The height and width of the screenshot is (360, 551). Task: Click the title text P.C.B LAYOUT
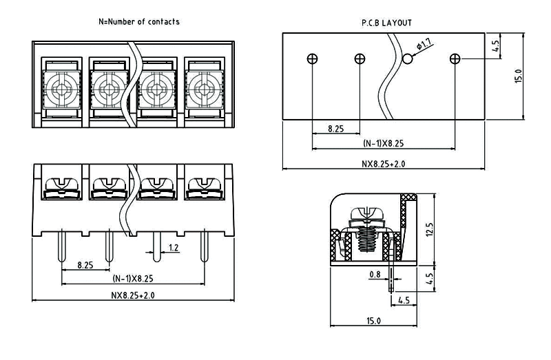click(x=387, y=23)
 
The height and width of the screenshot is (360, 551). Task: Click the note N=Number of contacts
click(x=140, y=21)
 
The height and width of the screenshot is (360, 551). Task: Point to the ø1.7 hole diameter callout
click(x=424, y=45)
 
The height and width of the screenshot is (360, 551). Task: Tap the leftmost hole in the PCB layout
click(x=313, y=59)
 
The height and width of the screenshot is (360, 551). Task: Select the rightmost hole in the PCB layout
click(x=455, y=59)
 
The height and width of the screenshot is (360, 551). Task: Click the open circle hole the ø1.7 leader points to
click(x=408, y=59)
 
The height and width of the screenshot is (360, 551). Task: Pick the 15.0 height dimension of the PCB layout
click(x=519, y=76)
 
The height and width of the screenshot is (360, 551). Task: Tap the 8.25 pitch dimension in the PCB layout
click(x=336, y=128)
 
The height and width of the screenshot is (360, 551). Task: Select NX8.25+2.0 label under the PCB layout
click(x=384, y=164)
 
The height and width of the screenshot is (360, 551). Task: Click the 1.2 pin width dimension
click(x=174, y=247)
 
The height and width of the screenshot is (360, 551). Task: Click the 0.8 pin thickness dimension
click(x=375, y=275)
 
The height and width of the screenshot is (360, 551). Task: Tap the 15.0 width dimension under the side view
click(x=373, y=321)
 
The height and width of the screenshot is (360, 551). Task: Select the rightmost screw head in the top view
click(x=202, y=88)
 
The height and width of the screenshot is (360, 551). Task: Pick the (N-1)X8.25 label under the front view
click(x=133, y=279)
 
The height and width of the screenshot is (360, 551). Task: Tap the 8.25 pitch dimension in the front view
click(x=85, y=264)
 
